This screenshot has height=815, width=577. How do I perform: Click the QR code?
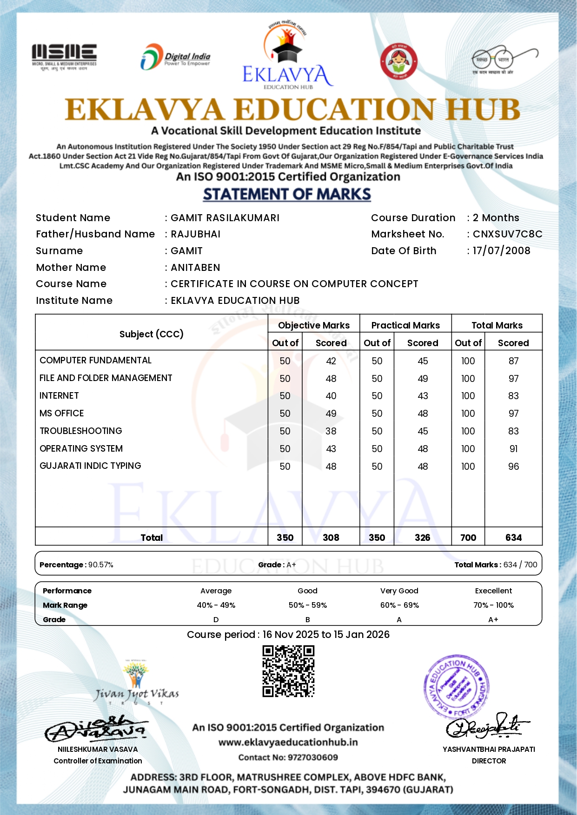[288, 671]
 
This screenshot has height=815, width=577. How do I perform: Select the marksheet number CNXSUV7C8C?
[507, 234]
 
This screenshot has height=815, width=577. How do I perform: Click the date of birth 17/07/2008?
[501, 251]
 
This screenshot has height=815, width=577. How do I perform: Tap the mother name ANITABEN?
[195, 268]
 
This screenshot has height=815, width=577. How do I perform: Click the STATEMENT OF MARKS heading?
[287, 194]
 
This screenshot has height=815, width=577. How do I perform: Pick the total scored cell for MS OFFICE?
[513, 414]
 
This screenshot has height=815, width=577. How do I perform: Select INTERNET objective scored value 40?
[331, 396]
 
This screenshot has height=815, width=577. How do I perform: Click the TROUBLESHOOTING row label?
[81, 431]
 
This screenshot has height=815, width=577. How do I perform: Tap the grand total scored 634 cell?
[513, 538]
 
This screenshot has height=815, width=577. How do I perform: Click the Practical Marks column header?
[405, 325]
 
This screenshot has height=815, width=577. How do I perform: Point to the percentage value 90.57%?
[101, 565]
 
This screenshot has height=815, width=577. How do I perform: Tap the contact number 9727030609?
[312, 757]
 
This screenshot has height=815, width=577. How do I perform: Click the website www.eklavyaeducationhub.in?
[288, 743]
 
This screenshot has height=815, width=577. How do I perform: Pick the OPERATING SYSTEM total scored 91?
[513, 449]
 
